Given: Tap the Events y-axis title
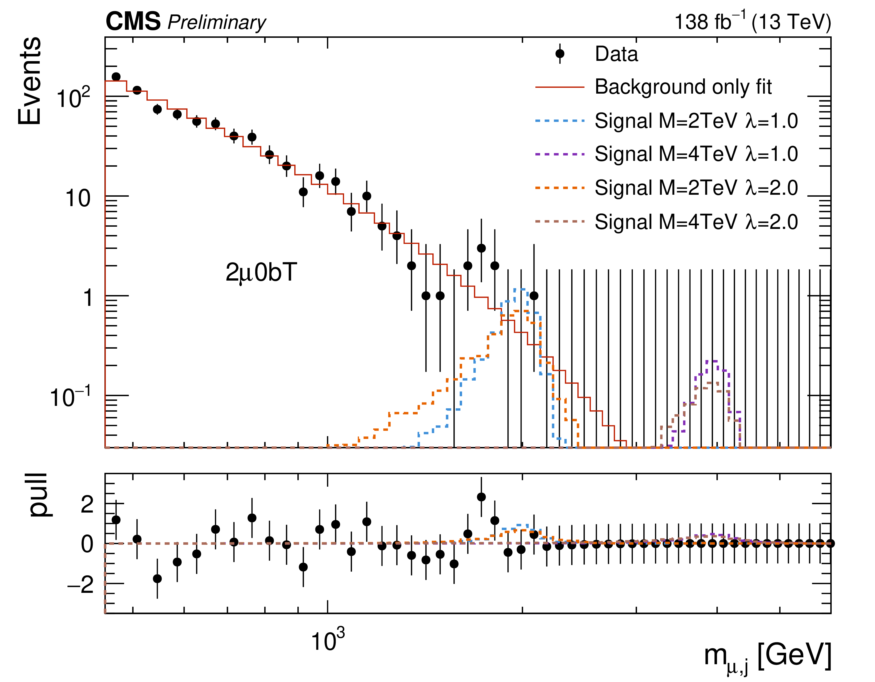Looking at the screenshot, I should (30, 81).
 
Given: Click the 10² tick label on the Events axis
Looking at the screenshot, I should (73, 98).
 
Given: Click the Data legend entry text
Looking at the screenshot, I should (616, 54).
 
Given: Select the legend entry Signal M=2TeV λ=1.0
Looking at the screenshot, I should (696, 121).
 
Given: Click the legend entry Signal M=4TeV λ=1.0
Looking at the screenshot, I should (696, 154).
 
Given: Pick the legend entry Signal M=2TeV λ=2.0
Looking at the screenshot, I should (696, 188).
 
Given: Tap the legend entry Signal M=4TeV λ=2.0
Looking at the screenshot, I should (696, 222).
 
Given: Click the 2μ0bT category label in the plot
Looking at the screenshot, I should (261, 273).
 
